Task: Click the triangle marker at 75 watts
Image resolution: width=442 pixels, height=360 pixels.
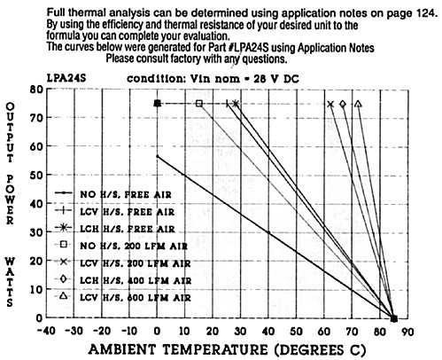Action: click(358, 104)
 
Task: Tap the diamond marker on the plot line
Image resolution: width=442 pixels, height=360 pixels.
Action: click(343, 104)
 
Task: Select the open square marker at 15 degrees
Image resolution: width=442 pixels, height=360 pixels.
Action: click(199, 104)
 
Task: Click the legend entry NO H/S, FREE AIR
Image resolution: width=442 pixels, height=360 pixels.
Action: click(113, 194)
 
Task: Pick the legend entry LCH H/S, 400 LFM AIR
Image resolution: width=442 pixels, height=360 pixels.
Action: click(123, 279)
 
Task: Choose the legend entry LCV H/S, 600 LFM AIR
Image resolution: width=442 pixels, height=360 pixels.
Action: click(123, 297)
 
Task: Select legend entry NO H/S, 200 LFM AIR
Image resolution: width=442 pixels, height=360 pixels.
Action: click(121, 246)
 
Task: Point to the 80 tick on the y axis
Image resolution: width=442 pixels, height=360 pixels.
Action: click(36, 90)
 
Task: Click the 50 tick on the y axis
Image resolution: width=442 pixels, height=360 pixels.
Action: click(36, 175)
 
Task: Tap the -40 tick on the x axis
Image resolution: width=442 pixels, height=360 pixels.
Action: click(46, 331)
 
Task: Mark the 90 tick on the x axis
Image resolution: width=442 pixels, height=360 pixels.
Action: click(407, 332)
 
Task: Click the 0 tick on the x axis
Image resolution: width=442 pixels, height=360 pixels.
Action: click(157, 331)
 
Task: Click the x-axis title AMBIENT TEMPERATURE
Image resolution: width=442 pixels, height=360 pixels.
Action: click(178, 349)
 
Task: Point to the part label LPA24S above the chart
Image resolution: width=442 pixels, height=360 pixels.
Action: click(66, 78)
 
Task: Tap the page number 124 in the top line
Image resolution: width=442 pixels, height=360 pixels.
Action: click(427, 13)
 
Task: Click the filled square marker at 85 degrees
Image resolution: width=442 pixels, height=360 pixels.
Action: click(394, 318)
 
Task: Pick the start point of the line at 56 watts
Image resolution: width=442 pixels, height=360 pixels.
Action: click(158, 156)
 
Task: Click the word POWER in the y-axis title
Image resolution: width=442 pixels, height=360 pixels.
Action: click(10, 200)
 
